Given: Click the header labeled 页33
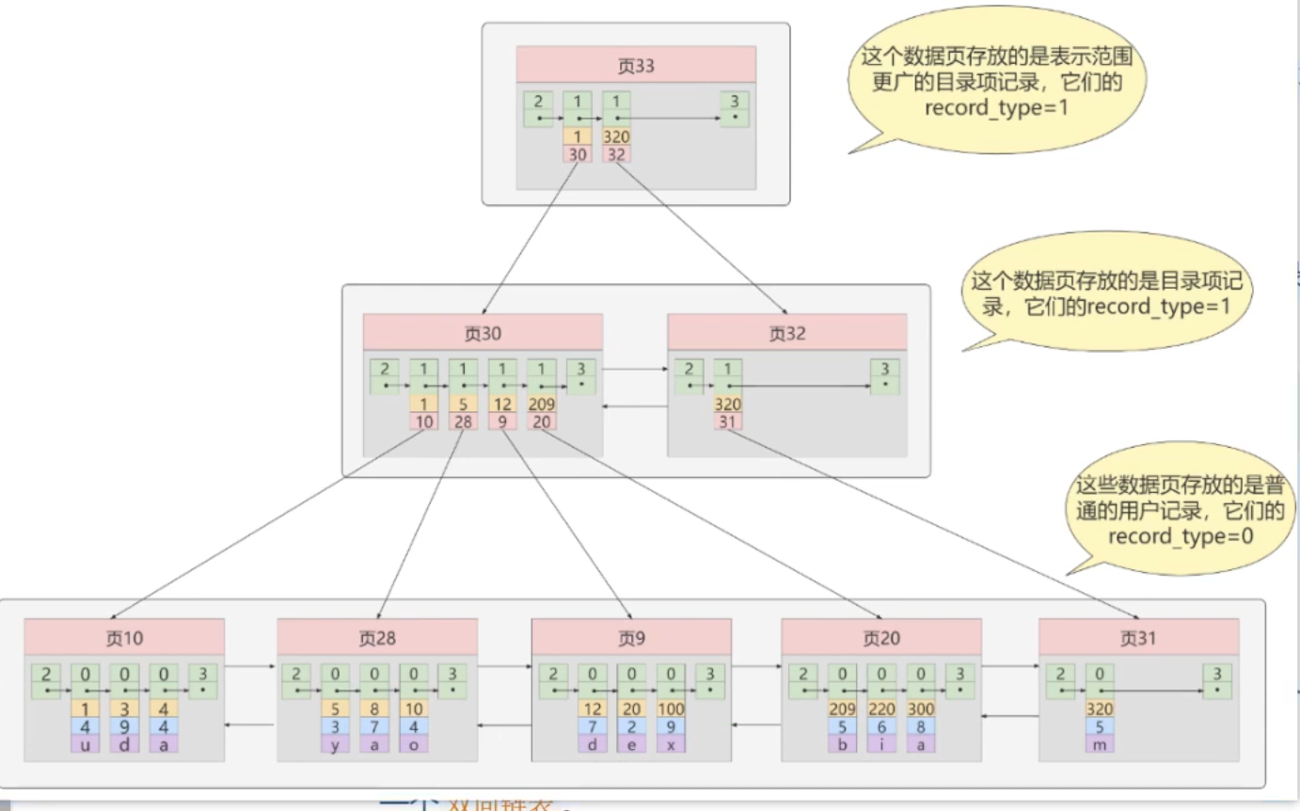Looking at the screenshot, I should pyautogui.click(x=636, y=67).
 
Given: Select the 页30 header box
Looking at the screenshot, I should pyautogui.click(x=483, y=333).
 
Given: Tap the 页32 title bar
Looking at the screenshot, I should pyautogui.click(x=786, y=333).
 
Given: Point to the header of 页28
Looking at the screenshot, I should pyautogui.click(x=376, y=637).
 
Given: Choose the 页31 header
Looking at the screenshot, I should pyautogui.click(x=1138, y=637).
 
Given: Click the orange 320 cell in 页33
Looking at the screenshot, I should pyautogui.click(x=616, y=135).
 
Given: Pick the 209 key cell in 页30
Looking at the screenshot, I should pyautogui.click(x=541, y=404).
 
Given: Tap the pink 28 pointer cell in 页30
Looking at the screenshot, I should pyautogui.click(x=463, y=421).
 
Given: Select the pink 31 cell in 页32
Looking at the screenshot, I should pyautogui.click(x=727, y=421).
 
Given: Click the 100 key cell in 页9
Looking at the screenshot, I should pyautogui.click(x=670, y=708).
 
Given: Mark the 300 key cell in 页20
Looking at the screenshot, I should pyautogui.click(x=920, y=708).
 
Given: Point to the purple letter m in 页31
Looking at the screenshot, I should pyautogui.click(x=1100, y=742).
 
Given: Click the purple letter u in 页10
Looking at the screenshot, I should pyautogui.click(x=85, y=742).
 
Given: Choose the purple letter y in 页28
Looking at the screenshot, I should pyautogui.click(x=335, y=742).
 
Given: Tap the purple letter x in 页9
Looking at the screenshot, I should pyautogui.click(x=670, y=742).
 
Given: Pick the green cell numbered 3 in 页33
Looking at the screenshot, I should pyautogui.click(x=734, y=109).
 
